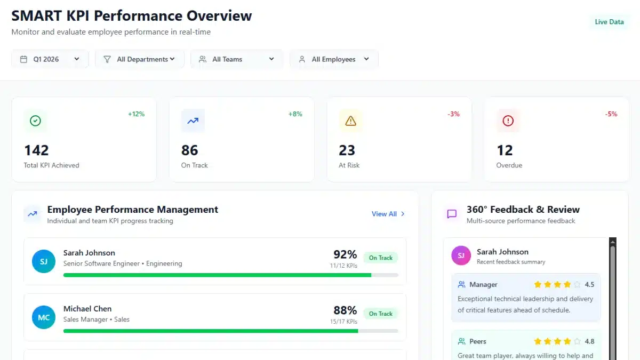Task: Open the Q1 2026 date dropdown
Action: coord(50,59)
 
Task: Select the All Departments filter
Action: coord(140,59)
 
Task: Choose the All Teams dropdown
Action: coord(236,59)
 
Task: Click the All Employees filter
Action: coord(334,59)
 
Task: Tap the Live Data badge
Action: coord(609,22)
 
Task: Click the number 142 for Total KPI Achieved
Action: coord(36,150)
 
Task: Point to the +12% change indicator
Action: coord(136,114)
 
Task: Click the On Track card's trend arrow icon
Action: coord(193,121)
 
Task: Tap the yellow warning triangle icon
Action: coord(350,121)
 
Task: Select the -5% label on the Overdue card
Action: coord(611,114)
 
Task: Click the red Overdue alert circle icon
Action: coord(508,121)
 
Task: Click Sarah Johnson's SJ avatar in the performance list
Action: coord(44,261)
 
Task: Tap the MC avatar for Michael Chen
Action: coord(44,317)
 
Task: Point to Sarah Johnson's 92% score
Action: coord(345,254)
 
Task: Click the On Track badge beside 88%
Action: coord(380,314)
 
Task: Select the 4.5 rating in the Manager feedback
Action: coord(589,285)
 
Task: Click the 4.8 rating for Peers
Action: coord(589,341)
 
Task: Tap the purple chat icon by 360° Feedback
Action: coord(452,214)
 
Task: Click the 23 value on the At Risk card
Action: coord(347,150)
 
